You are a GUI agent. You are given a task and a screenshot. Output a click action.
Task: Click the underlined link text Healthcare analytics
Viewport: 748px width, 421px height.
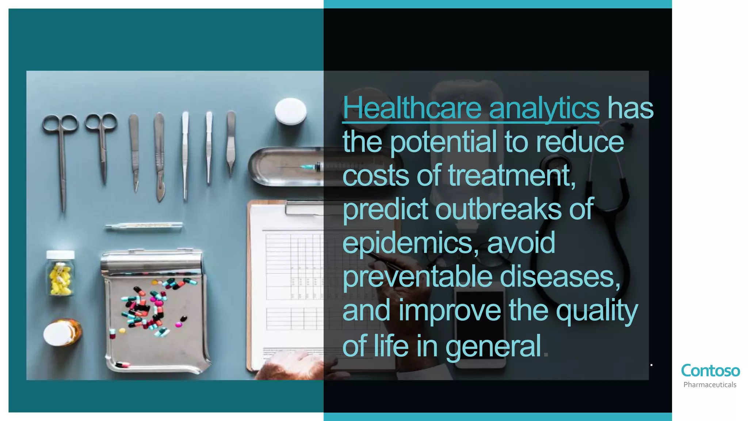470,108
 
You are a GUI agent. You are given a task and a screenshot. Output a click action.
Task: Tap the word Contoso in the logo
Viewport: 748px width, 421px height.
710,371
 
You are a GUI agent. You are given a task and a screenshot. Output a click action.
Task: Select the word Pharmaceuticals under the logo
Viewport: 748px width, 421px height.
710,385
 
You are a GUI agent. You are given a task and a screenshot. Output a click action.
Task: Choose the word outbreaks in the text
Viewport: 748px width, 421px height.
498,209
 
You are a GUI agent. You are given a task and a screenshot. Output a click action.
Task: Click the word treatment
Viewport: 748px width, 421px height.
511,175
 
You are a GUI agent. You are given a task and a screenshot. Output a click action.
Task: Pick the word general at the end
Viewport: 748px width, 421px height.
493,346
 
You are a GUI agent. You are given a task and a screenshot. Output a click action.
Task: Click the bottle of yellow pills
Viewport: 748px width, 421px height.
61,273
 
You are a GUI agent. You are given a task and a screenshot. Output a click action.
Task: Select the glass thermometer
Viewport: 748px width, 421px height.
144,227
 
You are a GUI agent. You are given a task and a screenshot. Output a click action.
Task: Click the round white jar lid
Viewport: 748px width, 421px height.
291,111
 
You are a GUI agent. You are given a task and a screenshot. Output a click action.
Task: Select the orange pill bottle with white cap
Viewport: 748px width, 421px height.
63,333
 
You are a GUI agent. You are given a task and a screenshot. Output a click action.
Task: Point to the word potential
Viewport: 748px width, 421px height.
443,142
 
